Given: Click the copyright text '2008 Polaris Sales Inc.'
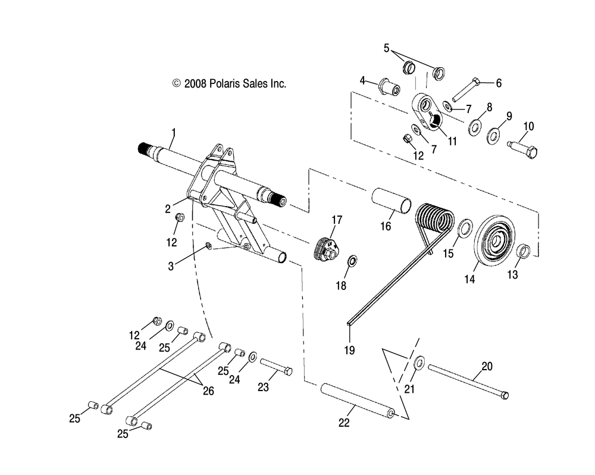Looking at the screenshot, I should pyautogui.click(x=229, y=84).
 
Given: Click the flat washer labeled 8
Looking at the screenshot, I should pyautogui.click(x=475, y=126).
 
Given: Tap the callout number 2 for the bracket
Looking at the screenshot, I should pyautogui.click(x=168, y=208).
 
